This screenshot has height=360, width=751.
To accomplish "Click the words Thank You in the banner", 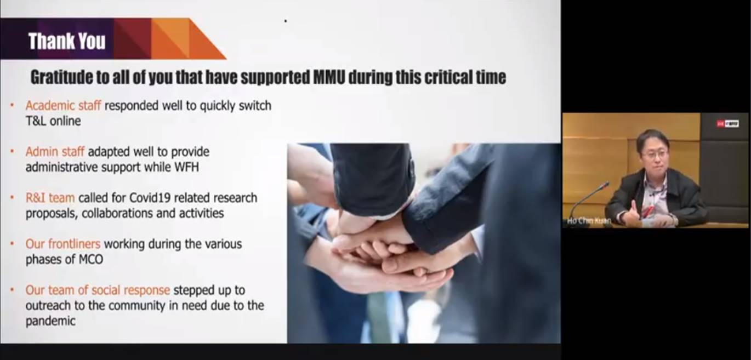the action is tap(67, 41).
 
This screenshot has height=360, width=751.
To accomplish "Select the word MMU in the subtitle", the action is tap(329, 77).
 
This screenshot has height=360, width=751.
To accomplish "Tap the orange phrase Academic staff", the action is tap(63, 106).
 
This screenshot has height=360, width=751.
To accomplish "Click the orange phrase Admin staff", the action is tap(55, 152).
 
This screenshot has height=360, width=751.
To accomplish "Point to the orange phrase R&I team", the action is tap(50, 198).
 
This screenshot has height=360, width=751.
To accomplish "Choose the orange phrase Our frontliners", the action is tap(62, 244).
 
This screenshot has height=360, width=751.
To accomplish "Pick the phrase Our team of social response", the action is tap(98, 290).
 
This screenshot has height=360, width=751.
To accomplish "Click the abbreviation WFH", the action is tap(186, 167).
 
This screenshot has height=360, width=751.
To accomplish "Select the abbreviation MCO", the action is tap(90, 259).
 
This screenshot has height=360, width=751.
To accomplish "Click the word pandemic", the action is tap(50, 321).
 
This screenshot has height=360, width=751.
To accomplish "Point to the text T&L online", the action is tap(53, 121).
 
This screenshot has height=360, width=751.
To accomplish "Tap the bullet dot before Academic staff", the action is tap(12, 105).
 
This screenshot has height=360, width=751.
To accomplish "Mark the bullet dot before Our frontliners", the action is tap(12, 244).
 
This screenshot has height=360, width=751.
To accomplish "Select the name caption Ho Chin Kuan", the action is tap(589, 221).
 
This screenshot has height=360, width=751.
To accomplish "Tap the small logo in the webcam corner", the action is tap(727, 124).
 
